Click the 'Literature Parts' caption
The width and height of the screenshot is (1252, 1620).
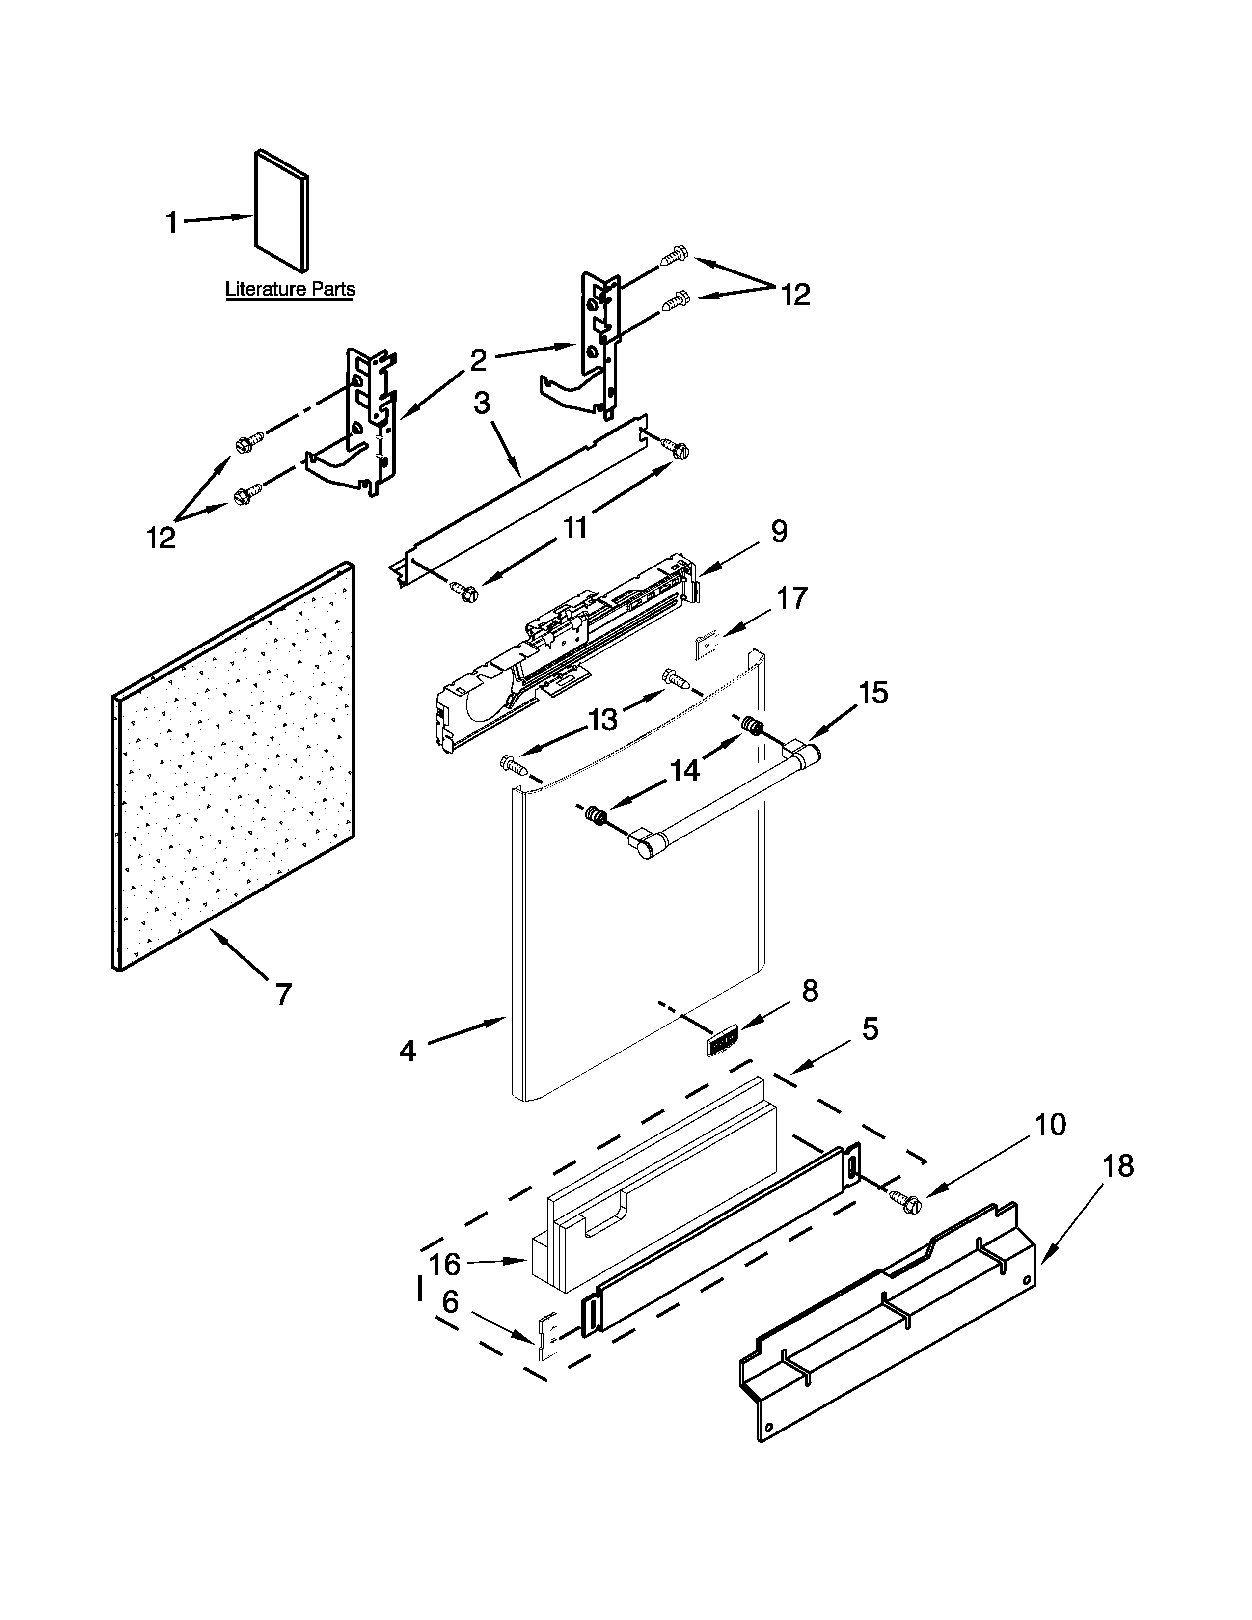pos(290,289)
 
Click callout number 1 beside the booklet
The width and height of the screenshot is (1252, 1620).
pos(171,222)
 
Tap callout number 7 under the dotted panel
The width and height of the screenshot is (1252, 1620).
pos(283,994)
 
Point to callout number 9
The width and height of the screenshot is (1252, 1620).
pos(779,531)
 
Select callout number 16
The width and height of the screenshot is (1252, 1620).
pos(445,1264)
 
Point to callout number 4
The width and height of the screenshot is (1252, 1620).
pos(407,1051)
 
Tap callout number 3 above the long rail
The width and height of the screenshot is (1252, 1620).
pos(481,403)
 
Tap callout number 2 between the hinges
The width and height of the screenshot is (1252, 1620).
pos(478,360)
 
